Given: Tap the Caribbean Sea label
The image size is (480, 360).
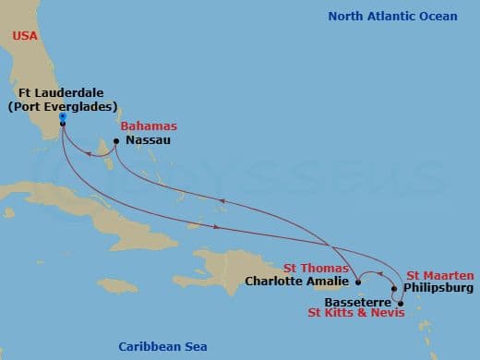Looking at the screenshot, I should [162, 346].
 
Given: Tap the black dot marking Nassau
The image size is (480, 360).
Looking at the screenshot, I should [115, 141].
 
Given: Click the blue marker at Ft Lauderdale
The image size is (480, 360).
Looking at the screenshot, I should [62, 116].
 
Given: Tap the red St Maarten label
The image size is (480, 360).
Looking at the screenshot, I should [440, 275].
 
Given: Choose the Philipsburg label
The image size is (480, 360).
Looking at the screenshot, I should [438, 288].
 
